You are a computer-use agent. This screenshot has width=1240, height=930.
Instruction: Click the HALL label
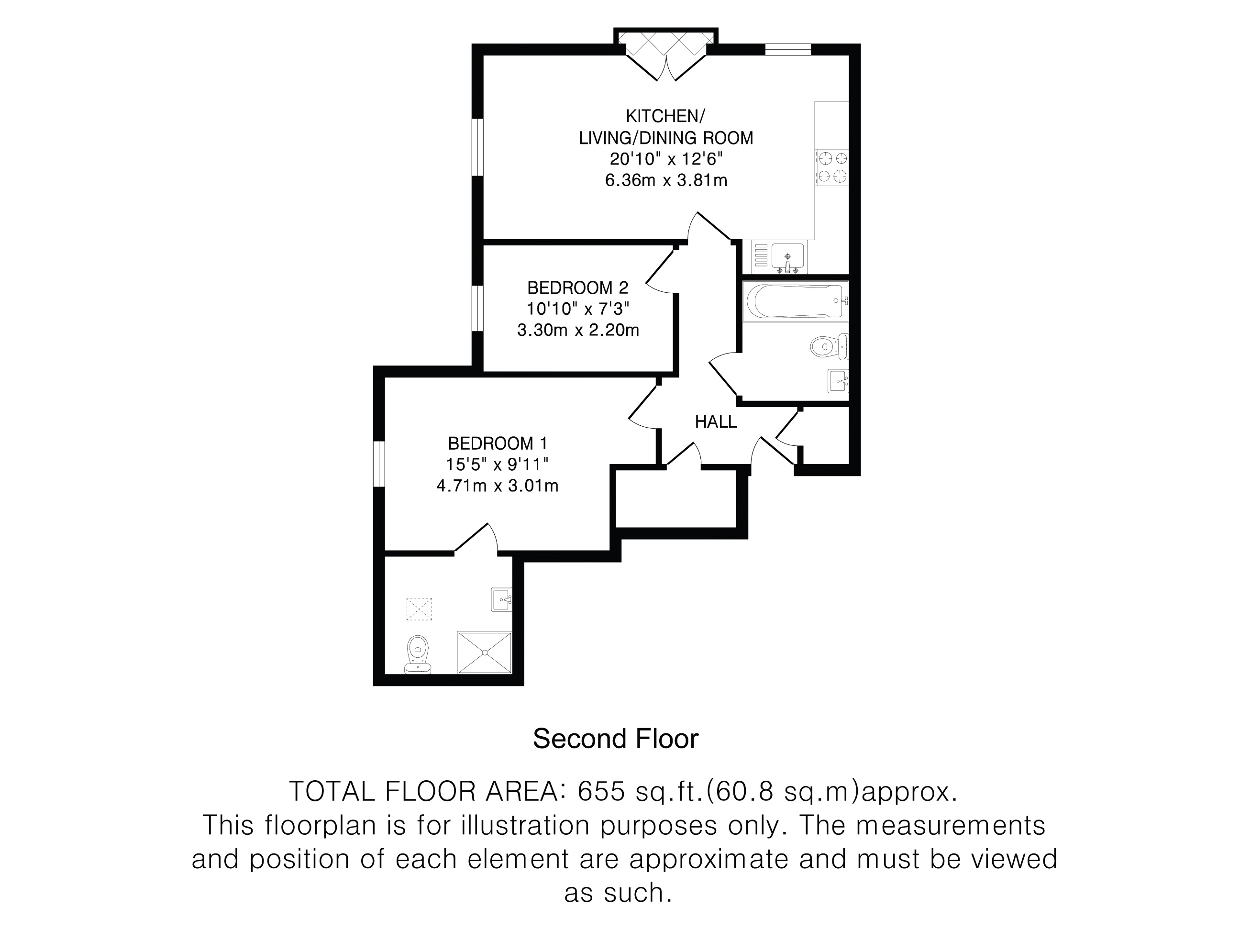(x=716, y=421)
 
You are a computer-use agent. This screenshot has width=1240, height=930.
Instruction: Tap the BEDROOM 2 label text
(x=578, y=288)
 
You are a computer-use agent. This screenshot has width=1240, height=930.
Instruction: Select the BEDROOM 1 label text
(x=497, y=443)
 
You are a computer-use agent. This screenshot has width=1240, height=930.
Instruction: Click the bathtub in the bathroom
(x=796, y=301)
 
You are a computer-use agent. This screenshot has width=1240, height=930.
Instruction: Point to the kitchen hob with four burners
(x=832, y=167)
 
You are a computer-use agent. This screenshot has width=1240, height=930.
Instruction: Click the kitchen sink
(x=787, y=257)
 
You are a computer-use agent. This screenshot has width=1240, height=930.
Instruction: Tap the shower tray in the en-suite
(x=485, y=652)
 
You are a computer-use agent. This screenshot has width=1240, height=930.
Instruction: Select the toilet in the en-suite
(x=417, y=654)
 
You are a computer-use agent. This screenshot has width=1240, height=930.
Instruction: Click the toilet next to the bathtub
(x=829, y=346)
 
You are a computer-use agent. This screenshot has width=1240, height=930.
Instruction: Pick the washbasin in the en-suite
(x=502, y=599)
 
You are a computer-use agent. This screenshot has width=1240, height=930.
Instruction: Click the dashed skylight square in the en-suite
(x=419, y=609)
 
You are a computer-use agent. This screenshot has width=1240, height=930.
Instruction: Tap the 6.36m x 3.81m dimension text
(x=666, y=180)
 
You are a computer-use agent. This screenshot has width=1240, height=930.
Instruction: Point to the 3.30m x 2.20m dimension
(x=578, y=330)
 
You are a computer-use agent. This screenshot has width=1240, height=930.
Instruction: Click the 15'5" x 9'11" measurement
(x=497, y=464)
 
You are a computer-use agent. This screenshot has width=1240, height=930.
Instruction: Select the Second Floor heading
(x=616, y=739)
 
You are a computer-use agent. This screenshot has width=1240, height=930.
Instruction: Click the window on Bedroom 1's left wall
(x=379, y=464)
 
